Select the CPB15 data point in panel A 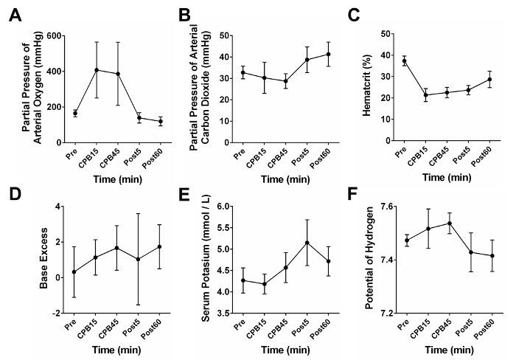pyautogui.click(x=96, y=70)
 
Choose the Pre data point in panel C pyautogui.click(x=404, y=61)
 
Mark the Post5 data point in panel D pyautogui.click(x=138, y=259)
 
